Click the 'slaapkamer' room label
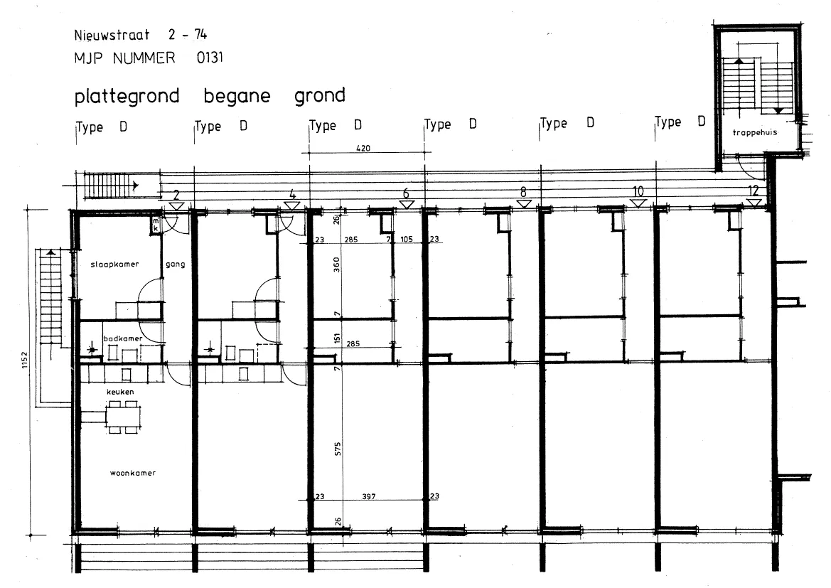(x=114, y=264)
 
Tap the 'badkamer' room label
(x=122, y=338)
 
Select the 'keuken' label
(x=120, y=392)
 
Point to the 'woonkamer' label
(x=132, y=473)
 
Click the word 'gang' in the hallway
(x=176, y=264)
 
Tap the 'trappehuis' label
(x=755, y=132)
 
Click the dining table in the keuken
(x=124, y=417)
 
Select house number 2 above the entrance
(x=176, y=195)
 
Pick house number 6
(x=406, y=193)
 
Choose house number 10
(x=638, y=191)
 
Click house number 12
(x=753, y=191)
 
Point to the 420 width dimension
(x=363, y=149)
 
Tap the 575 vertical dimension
(x=338, y=449)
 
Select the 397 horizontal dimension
(x=369, y=497)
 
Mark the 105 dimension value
(x=407, y=239)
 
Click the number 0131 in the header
(x=210, y=58)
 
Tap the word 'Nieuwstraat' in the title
(x=112, y=35)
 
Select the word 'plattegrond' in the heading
(x=127, y=97)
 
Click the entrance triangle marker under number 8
(x=524, y=203)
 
